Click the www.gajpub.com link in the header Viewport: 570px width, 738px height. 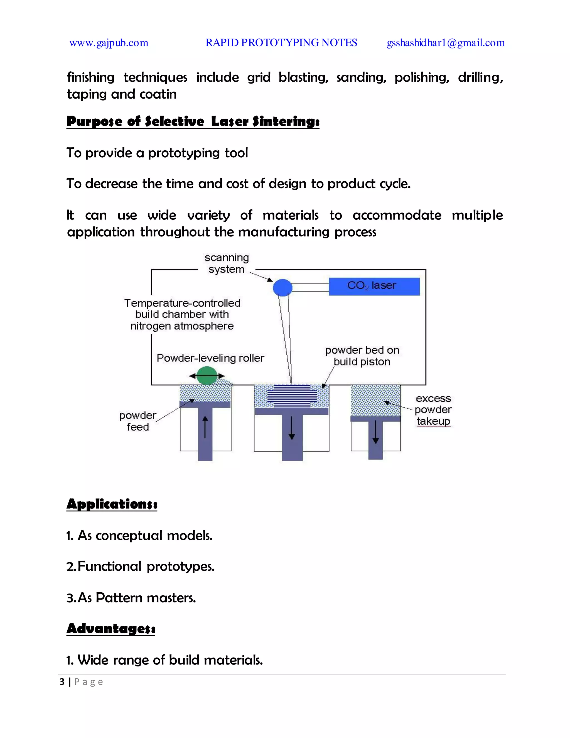coord(109,43)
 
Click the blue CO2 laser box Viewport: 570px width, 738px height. coord(374,286)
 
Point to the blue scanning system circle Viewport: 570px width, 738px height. coord(282,288)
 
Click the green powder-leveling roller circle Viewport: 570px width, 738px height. coord(207,376)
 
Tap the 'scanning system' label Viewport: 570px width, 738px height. coord(226,263)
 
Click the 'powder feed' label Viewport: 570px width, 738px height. coord(138,421)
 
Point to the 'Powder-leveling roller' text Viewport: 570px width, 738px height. coord(210,358)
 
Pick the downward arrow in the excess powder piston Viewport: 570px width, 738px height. coord(375,432)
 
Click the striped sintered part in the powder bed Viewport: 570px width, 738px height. coord(292,395)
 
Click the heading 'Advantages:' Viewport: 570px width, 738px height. coord(111,629)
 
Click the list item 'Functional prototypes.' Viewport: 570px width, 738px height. coord(141,566)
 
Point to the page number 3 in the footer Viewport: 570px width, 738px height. coord(62,682)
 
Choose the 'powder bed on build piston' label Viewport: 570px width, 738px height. coord(362,356)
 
